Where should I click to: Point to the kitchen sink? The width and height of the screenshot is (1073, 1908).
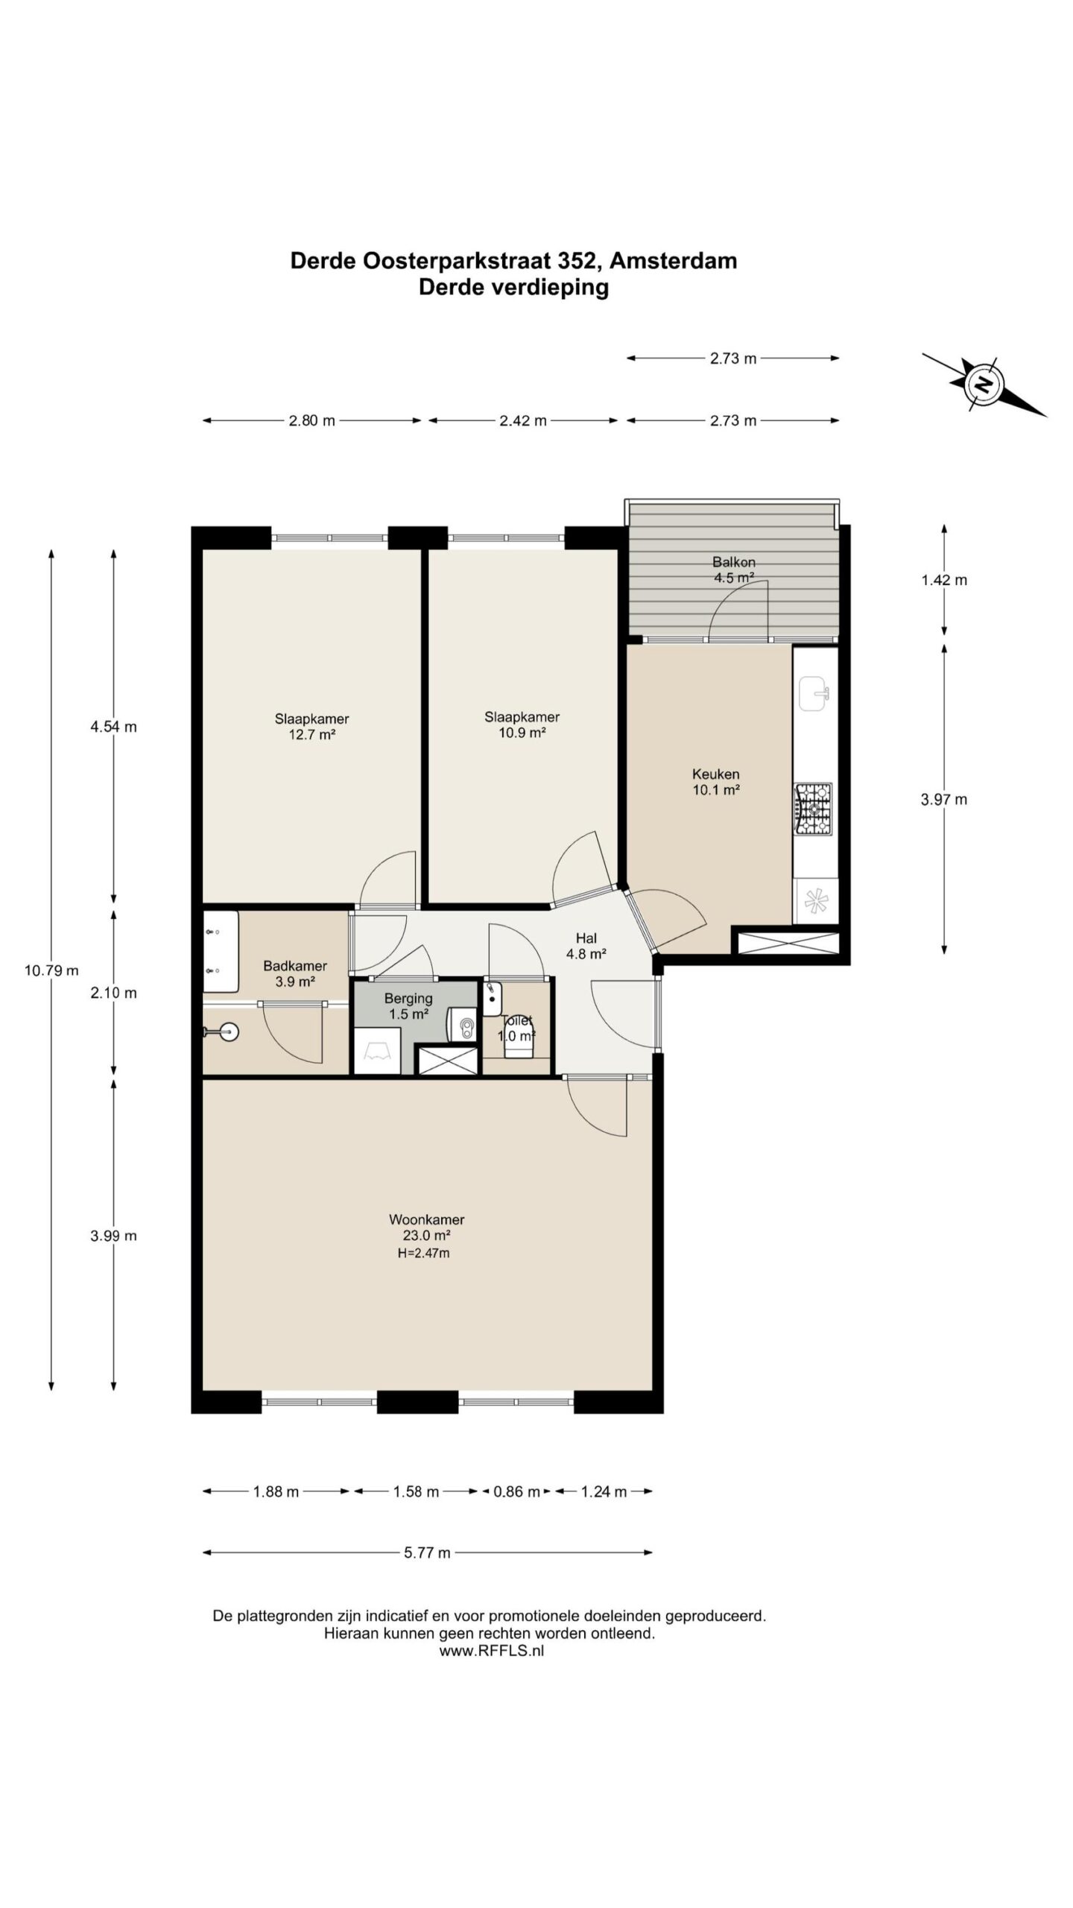815,694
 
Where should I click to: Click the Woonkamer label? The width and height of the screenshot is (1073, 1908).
426,1219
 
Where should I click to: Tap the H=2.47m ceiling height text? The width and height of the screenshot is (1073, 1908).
423,1253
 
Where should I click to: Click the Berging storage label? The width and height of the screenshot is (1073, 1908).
408,998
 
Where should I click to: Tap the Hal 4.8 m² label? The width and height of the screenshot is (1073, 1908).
586,946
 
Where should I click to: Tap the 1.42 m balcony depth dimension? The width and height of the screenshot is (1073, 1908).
944,580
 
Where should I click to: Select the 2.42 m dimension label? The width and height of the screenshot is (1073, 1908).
522,420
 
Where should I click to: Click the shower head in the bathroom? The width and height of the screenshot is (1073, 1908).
221,1032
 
